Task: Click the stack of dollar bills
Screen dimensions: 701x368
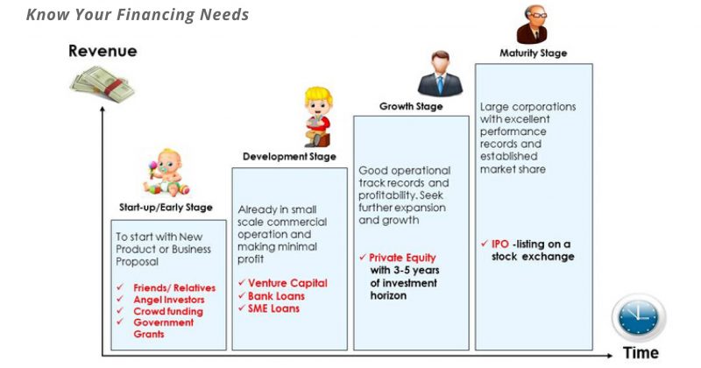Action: click(x=103, y=84)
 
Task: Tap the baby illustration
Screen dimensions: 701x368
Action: click(x=166, y=173)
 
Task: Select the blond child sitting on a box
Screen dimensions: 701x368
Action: click(x=318, y=117)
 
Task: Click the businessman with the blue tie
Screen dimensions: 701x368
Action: click(x=441, y=74)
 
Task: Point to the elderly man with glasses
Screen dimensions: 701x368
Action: click(x=533, y=25)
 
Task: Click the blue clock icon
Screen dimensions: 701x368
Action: click(x=639, y=317)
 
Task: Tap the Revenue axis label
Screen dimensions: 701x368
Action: click(x=103, y=51)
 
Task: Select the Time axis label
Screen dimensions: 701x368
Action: click(x=641, y=353)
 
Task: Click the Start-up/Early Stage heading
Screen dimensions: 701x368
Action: click(x=166, y=208)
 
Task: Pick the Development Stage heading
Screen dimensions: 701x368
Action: click(x=289, y=157)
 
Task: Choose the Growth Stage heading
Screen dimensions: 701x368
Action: click(x=411, y=106)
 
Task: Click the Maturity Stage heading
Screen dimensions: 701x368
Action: click(x=534, y=53)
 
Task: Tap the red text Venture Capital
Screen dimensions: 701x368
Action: click(x=287, y=283)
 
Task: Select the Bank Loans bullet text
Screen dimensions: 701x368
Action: click(x=276, y=296)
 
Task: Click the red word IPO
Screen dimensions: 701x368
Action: click(x=500, y=244)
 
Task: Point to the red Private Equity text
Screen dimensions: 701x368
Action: click(x=402, y=258)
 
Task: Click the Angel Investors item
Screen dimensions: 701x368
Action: click(x=169, y=300)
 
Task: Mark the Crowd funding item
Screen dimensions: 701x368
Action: click(x=168, y=311)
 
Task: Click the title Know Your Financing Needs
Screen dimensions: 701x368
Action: click(x=138, y=14)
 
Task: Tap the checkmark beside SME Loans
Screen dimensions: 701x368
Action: click(x=242, y=308)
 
